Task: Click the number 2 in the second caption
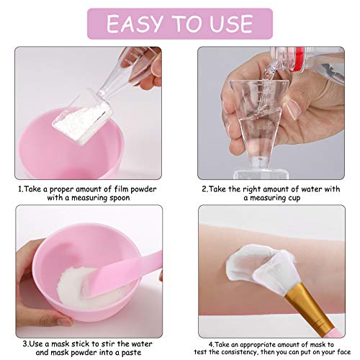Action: pos(204,189)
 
